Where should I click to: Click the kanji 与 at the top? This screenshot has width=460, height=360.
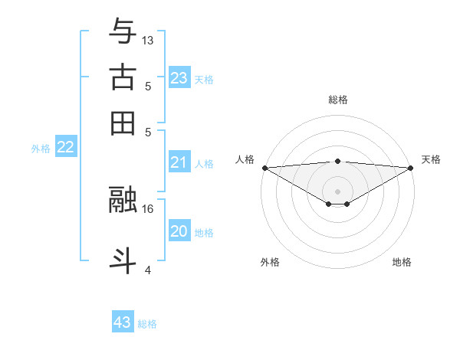click(x=123, y=32)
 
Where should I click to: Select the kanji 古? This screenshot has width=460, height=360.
click(x=123, y=77)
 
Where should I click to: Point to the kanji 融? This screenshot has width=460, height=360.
click(x=123, y=199)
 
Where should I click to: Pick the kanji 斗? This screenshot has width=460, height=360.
click(x=123, y=258)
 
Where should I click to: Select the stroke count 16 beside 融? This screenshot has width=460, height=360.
click(x=149, y=208)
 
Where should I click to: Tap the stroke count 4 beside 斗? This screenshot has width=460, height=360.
click(x=148, y=269)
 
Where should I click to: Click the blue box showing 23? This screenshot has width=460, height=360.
click(x=179, y=77)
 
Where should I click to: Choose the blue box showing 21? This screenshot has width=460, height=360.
click(x=179, y=162)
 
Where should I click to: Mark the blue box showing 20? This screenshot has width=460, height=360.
click(x=179, y=231)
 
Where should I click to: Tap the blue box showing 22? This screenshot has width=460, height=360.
click(x=65, y=148)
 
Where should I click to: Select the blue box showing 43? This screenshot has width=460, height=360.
click(x=123, y=322)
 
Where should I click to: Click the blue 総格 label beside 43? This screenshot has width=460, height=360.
click(x=147, y=324)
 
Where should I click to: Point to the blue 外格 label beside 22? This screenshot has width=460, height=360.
click(x=41, y=149)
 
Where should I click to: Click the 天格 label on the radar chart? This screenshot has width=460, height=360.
click(x=431, y=159)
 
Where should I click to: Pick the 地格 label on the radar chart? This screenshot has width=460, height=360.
click(x=402, y=262)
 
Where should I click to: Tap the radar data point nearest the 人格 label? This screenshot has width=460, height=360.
click(x=264, y=167)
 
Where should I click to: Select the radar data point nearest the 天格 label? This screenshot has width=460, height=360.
click(x=411, y=167)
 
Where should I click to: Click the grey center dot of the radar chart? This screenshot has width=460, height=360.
click(x=337, y=191)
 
